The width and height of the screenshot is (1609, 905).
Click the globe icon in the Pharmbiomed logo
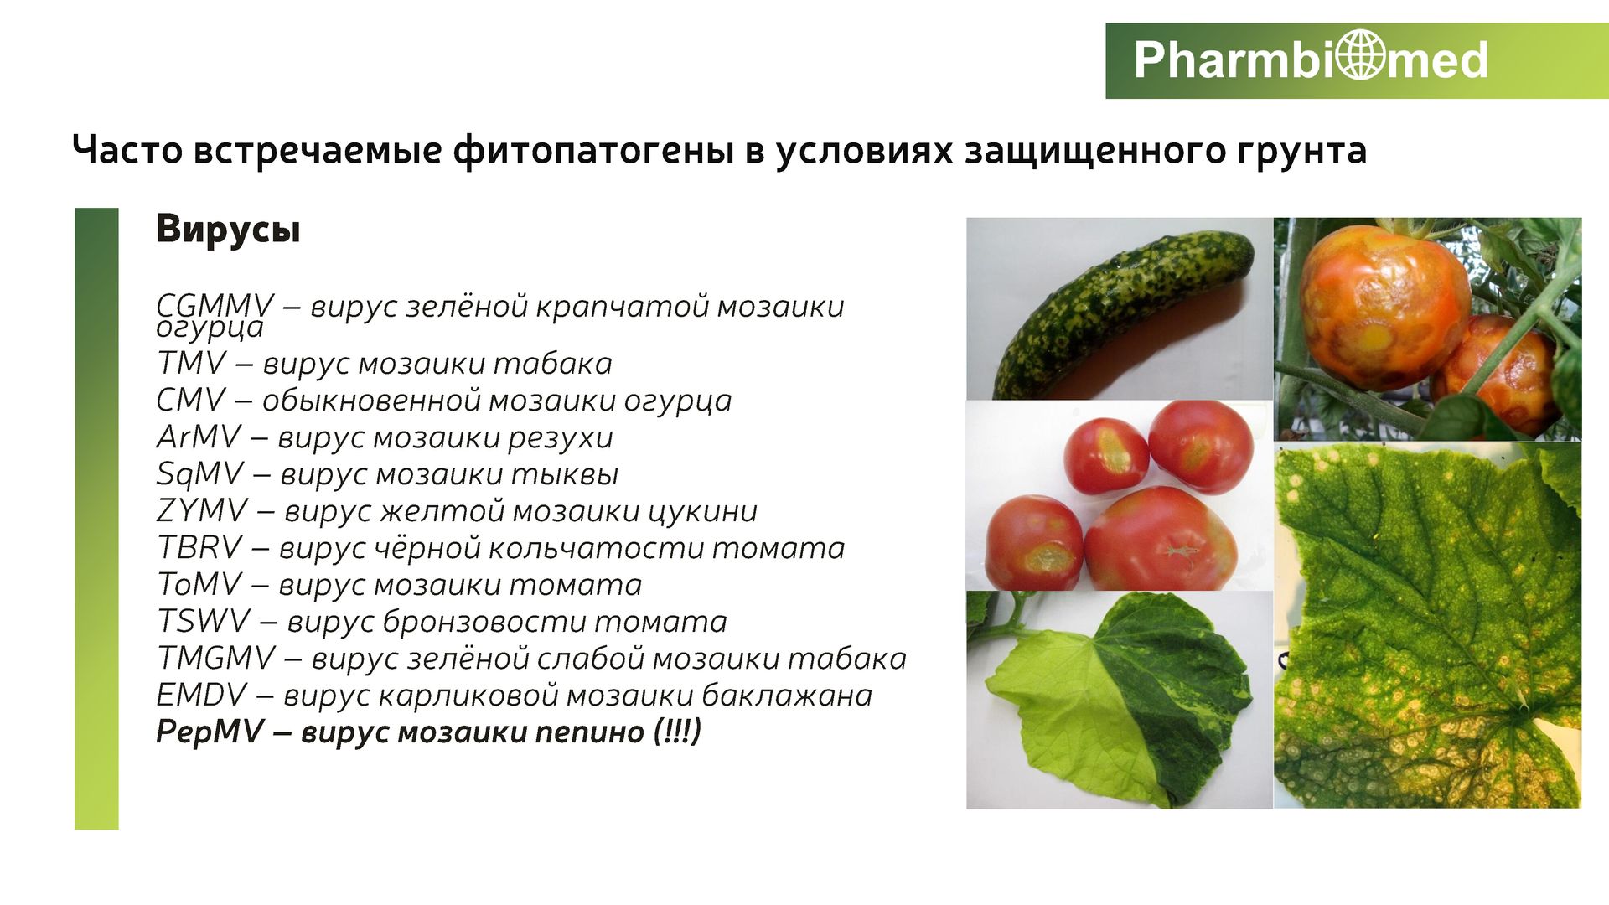tap(1361, 54)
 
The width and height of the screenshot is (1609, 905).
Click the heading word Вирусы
tap(228, 229)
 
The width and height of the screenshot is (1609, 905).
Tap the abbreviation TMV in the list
tap(192, 363)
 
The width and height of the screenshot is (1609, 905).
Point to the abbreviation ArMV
tap(199, 437)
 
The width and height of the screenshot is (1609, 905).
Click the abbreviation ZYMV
tap(202, 510)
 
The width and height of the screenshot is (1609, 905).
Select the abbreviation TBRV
tap(199, 547)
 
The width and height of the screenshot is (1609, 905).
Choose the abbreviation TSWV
tap(204, 621)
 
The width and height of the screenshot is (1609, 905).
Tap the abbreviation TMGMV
tap(216, 658)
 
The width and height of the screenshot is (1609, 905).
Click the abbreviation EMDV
tap(202, 695)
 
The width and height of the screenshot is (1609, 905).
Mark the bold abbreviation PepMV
tap(210, 732)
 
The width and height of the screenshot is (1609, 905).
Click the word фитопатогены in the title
tap(593, 151)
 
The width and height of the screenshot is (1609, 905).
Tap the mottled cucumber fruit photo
tap(1120, 308)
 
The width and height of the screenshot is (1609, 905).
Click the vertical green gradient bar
tap(96, 519)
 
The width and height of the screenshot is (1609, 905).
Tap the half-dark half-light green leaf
tap(1120, 700)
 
